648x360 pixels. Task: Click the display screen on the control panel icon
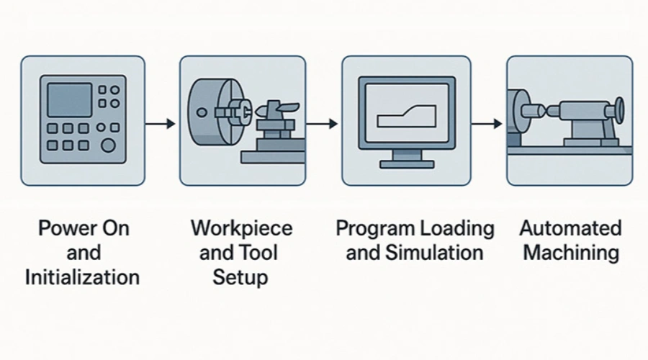tap(69, 100)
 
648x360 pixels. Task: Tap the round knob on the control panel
tap(109, 146)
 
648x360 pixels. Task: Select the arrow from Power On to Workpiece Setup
tap(159, 124)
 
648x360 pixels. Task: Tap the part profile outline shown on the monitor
tap(405, 115)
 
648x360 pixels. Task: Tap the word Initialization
tap(82, 277)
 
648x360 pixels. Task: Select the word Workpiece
tap(241, 229)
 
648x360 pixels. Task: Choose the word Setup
tap(241, 277)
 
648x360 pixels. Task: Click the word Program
tap(373, 229)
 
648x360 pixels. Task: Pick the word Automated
tap(570, 229)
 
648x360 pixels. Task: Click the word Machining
tap(570, 253)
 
